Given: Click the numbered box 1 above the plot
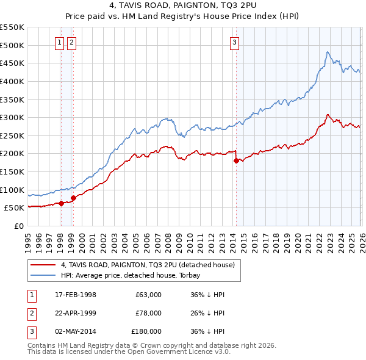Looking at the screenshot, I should point(60,42).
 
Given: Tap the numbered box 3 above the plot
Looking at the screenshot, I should point(235,42).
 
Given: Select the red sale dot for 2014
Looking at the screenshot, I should point(236,161).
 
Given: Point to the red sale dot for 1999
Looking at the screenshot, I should point(73,198).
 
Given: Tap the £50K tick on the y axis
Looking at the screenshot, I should point(14,207).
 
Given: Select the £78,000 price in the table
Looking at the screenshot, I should point(148,313).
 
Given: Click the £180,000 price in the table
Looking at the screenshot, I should point(146,331).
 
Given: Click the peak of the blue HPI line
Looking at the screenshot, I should point(328,52).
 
